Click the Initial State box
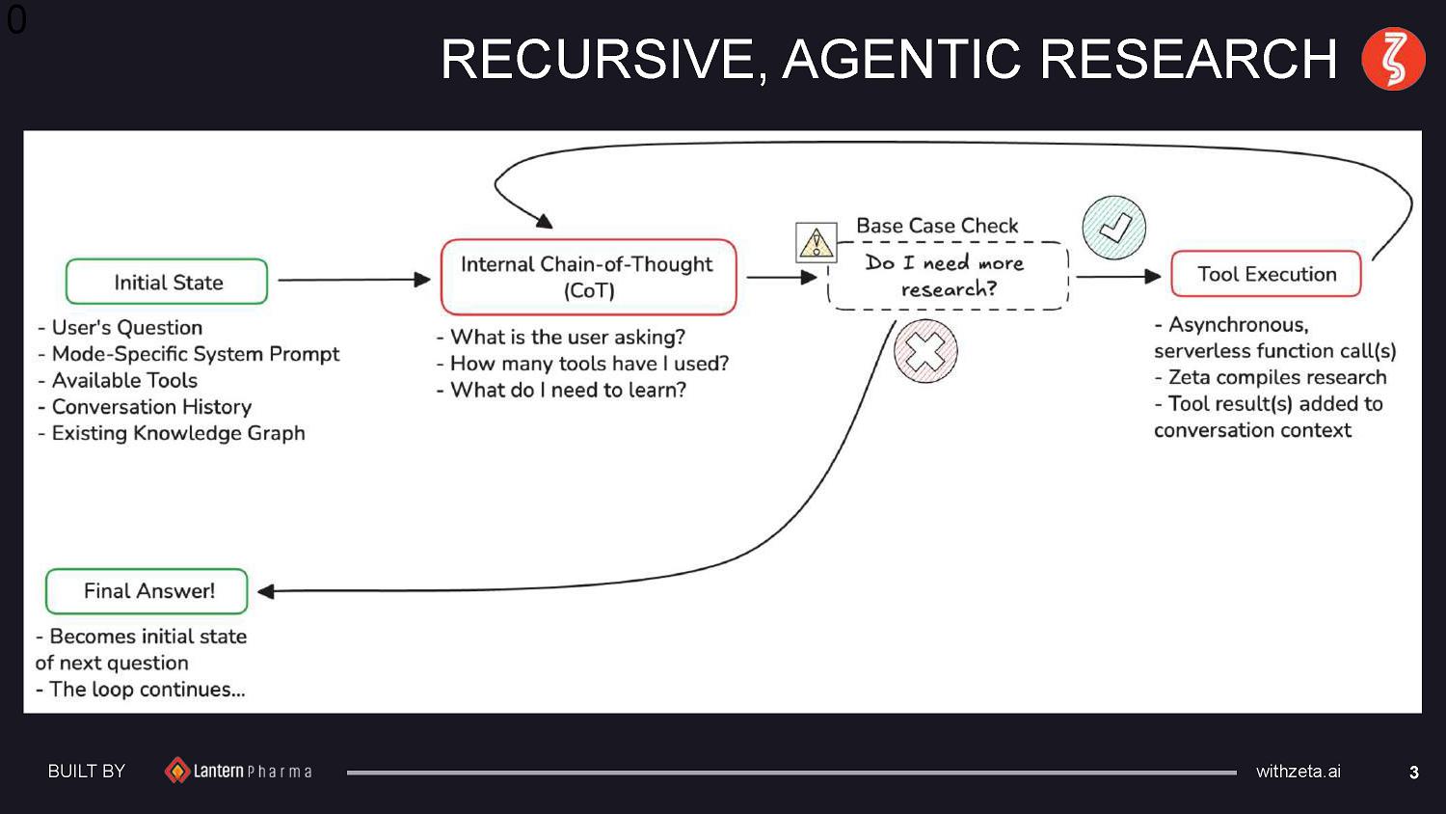click(167, 282)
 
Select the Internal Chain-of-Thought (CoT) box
click(588, 277)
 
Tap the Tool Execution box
click(1266, 274)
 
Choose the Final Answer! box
click(147, 591)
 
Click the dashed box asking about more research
click(948, 276)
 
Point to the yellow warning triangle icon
click(816, 242)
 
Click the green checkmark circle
click(1114, 228)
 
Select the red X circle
click(925, 351)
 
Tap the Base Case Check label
click(937, 226)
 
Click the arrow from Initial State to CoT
click(353, 280)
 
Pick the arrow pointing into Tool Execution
click(1118, 277)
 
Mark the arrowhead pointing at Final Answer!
click(266, 591)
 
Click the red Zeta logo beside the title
click(1393, 59)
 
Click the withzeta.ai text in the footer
click(1298, 772)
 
